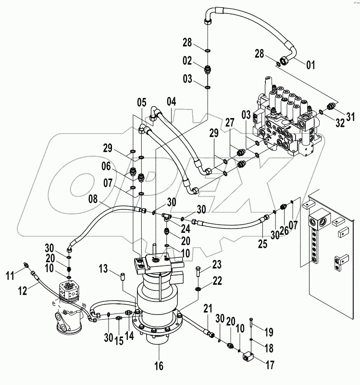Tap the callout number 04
pyautogui.click(x=172, y=101)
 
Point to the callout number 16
pyautogui.click(x=159, y=366)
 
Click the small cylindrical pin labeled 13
pyautogui.click(x=122, y=277)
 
